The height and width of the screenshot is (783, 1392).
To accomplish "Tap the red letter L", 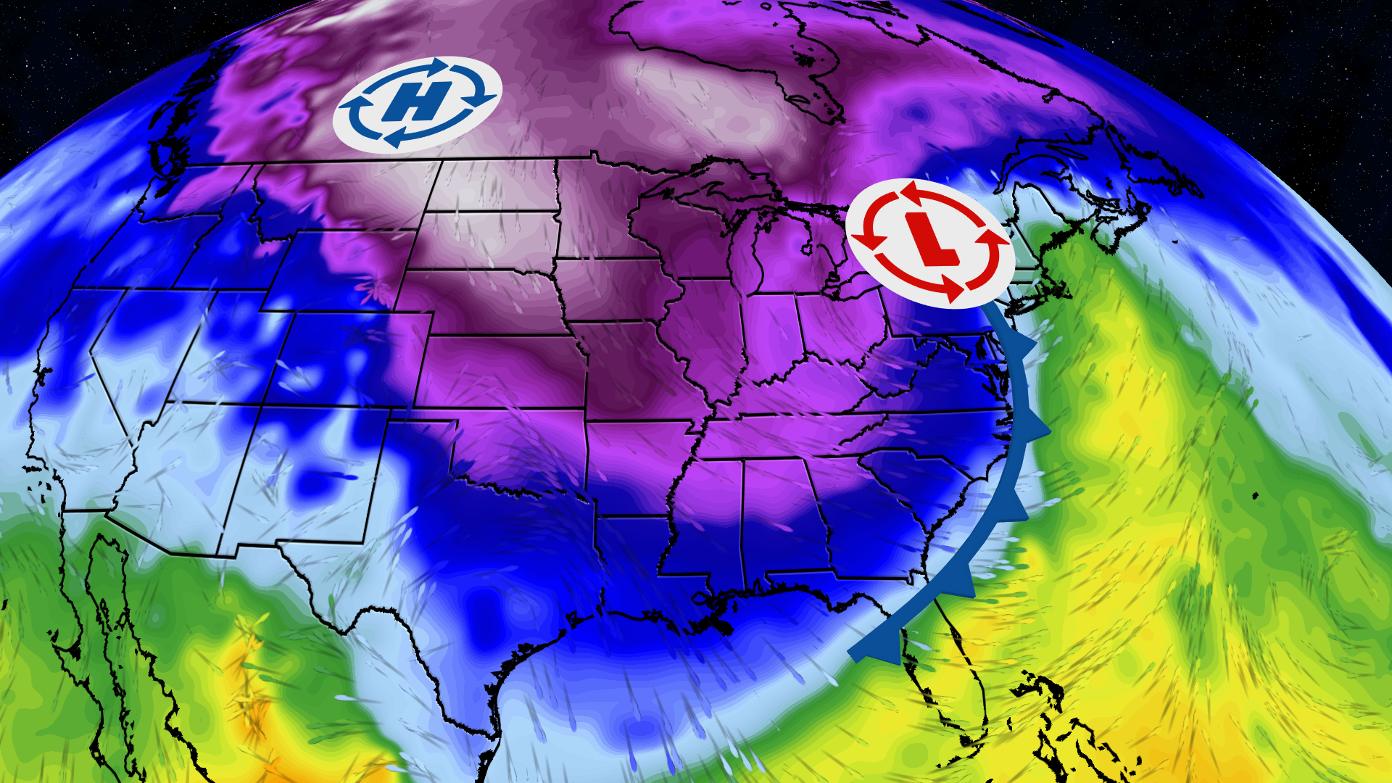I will pyautogui.click(x=929, y=241).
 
